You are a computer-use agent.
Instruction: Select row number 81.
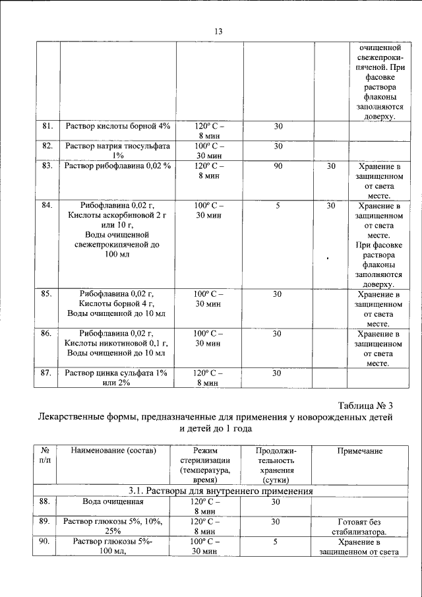click(47, 125)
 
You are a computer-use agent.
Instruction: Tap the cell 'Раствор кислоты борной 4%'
click(117, 125)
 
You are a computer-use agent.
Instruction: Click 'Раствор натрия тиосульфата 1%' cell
click(117, 150)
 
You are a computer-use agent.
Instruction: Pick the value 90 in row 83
click(278, 166)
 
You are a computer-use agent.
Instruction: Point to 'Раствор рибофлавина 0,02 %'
click(117, 166)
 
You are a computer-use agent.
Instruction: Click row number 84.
click(47, 206)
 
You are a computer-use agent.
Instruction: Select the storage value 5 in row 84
click(278, 206)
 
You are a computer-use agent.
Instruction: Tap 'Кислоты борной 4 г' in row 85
click(117, 303)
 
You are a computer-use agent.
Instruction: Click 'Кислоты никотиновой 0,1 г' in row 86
click(117, 343)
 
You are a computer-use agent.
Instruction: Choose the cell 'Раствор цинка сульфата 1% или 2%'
click(117, 377)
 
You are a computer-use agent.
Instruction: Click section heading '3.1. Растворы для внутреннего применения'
click(220, 491)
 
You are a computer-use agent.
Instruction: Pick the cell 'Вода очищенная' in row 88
click(108, 502)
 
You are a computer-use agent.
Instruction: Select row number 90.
click(45, 542)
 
